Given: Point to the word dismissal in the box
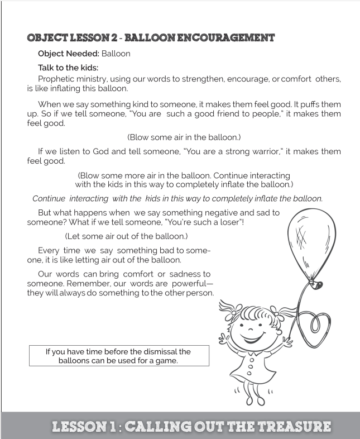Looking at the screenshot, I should [x=147, y=351].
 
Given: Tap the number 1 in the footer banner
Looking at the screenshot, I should [x=112, y=427].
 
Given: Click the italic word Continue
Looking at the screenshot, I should [x=48, y=198].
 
